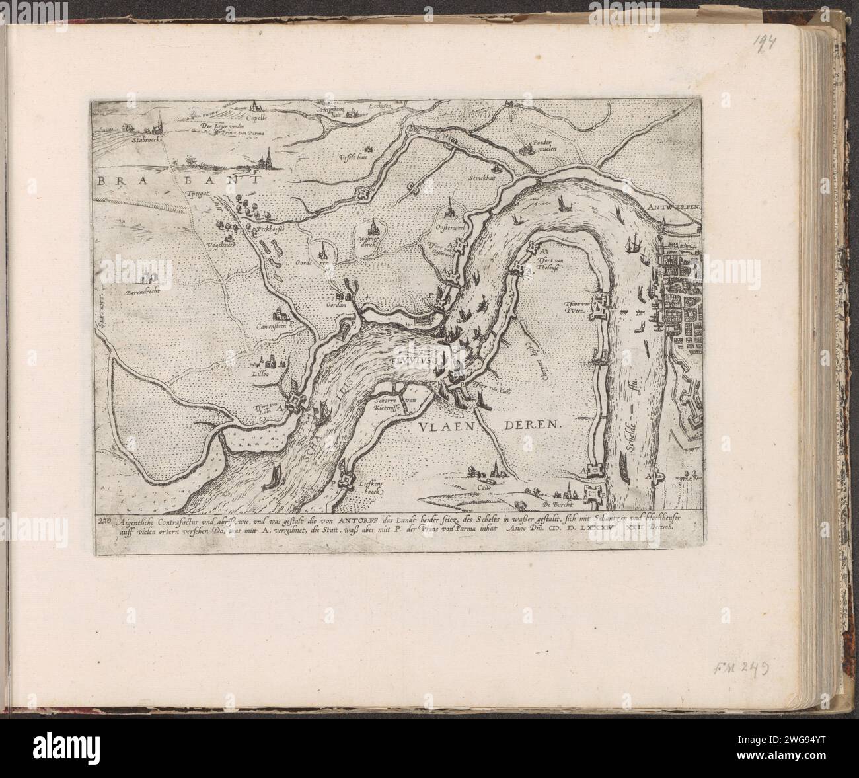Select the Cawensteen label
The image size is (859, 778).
pos(274,324)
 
